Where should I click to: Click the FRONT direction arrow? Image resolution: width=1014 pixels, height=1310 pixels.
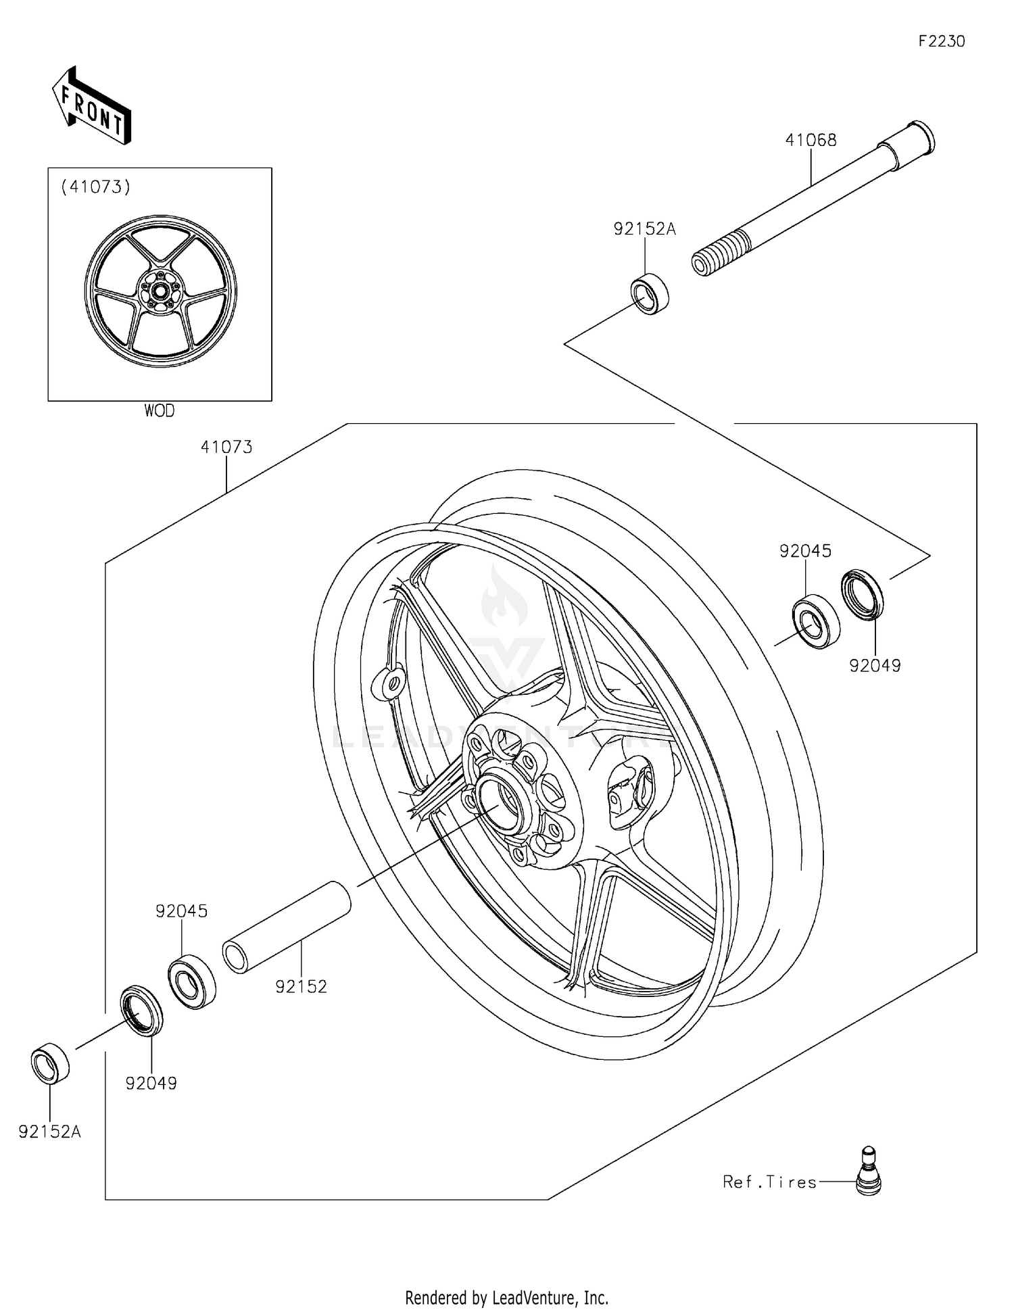91,107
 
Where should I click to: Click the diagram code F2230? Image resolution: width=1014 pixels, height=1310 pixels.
941,41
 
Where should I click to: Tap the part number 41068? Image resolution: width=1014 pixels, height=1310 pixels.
811,140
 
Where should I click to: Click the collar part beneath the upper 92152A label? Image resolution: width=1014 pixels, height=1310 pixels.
649,293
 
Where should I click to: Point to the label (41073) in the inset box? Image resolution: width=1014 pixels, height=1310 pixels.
95,187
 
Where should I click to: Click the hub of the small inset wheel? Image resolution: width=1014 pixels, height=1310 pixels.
160,291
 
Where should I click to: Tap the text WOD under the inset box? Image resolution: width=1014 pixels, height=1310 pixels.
159,411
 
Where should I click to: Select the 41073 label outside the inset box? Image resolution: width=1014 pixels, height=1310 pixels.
226,447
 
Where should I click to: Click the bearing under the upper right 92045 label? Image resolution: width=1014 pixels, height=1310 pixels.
815,621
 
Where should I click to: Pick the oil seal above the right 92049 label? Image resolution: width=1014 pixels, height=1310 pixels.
862,594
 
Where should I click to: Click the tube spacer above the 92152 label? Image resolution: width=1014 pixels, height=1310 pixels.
287,927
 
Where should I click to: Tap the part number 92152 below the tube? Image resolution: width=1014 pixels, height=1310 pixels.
301,987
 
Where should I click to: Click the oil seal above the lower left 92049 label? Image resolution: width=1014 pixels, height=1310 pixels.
141,1011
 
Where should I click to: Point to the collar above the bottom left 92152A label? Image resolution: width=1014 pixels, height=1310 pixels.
51,1063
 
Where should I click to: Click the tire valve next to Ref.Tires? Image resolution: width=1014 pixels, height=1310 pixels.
868,1171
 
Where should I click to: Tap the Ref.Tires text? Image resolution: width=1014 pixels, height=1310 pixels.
769,1182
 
